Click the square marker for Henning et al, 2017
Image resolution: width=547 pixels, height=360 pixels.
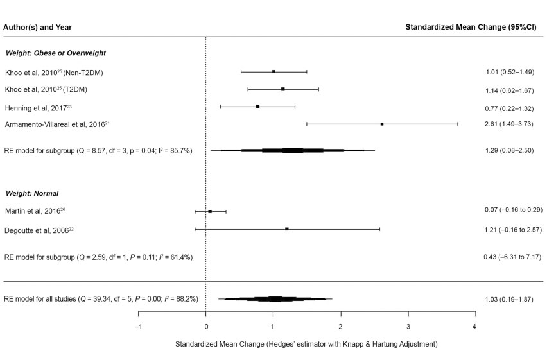point(257,107)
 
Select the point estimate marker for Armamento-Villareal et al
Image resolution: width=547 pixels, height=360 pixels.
point(382,124)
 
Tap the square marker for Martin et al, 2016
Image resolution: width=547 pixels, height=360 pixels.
point(210,211)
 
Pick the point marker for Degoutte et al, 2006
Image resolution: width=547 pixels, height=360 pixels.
point(287,229)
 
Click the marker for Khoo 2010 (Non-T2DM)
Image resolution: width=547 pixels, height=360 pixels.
point(273,72)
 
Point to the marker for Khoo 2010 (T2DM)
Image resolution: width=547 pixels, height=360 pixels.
point(282,89)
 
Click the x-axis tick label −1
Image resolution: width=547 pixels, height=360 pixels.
point(138,327)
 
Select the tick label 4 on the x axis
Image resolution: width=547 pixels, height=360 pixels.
point(475,327)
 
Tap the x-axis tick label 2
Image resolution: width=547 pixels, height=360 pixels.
point(340,327)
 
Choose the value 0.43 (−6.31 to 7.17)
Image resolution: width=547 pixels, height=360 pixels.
point(512,257)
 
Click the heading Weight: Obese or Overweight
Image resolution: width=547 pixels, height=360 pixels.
point(56,53)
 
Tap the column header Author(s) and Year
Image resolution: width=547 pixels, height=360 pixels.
point(37,28)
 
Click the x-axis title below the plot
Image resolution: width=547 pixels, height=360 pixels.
point(306,345)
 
